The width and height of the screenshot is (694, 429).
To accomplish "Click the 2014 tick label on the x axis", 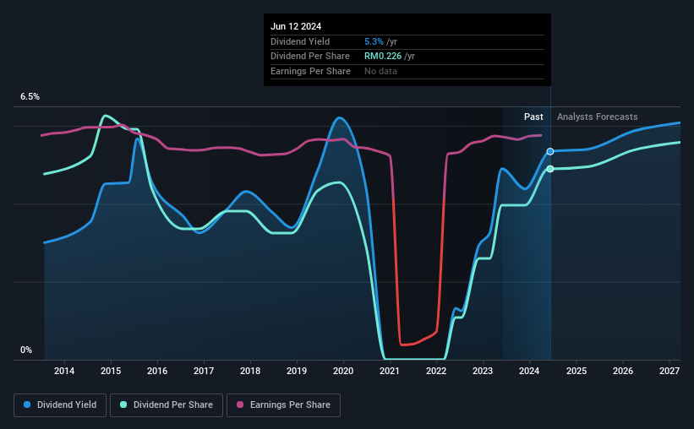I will pyautogui.click(x=64, y=371).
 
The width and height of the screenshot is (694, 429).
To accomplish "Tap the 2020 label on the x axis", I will pyautogui.click(x=343, y=371).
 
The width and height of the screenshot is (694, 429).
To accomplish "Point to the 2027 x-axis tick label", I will pyautogui.click(x=669, y=371).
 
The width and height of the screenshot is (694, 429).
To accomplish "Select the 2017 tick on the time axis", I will pyautogui.click(x=204, y=371).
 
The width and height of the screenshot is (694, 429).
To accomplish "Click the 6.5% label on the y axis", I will pyautogui.click(x=30, y=97).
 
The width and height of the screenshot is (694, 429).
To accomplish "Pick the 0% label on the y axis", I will pyautogui.click(x=26, y=350).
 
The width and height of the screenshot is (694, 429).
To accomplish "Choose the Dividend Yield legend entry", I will pyautogui.click(x=60, y=405).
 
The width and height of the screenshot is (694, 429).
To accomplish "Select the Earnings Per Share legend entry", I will pyautogui.click(x=284, y=405).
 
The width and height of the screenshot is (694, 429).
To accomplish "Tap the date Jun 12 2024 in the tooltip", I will pyautogui.click(x=297, y=26).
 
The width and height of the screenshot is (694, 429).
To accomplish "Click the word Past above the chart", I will pyautogui.click(x=533, y=117).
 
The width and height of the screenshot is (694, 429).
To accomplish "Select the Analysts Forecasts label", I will pyautogui.click(x=598, y=117).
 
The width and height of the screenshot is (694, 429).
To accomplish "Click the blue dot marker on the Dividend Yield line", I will pyautogui.click(x=550, y=151).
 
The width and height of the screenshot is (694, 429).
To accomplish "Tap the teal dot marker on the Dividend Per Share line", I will pyautogui.click(x=550, y=169).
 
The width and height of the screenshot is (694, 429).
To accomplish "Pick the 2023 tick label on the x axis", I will pyautogui.click(x=483, y=371).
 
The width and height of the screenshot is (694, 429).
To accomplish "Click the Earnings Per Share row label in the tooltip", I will pyautogui.click(x=310, y=71).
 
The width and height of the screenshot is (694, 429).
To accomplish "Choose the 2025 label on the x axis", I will pyautogui.click(x=576, y=371).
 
